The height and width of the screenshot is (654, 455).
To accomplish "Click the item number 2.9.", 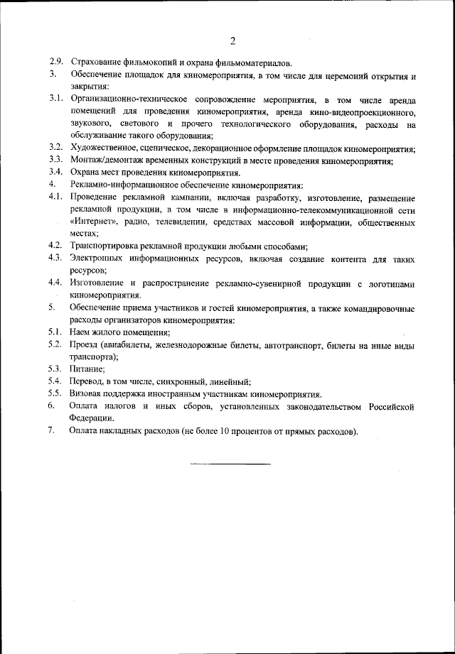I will click(56, 63).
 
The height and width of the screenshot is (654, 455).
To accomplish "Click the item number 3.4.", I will click(56, 173).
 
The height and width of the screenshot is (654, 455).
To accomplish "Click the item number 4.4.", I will click(56, 283).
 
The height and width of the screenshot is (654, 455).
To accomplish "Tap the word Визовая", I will click(89, 393).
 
